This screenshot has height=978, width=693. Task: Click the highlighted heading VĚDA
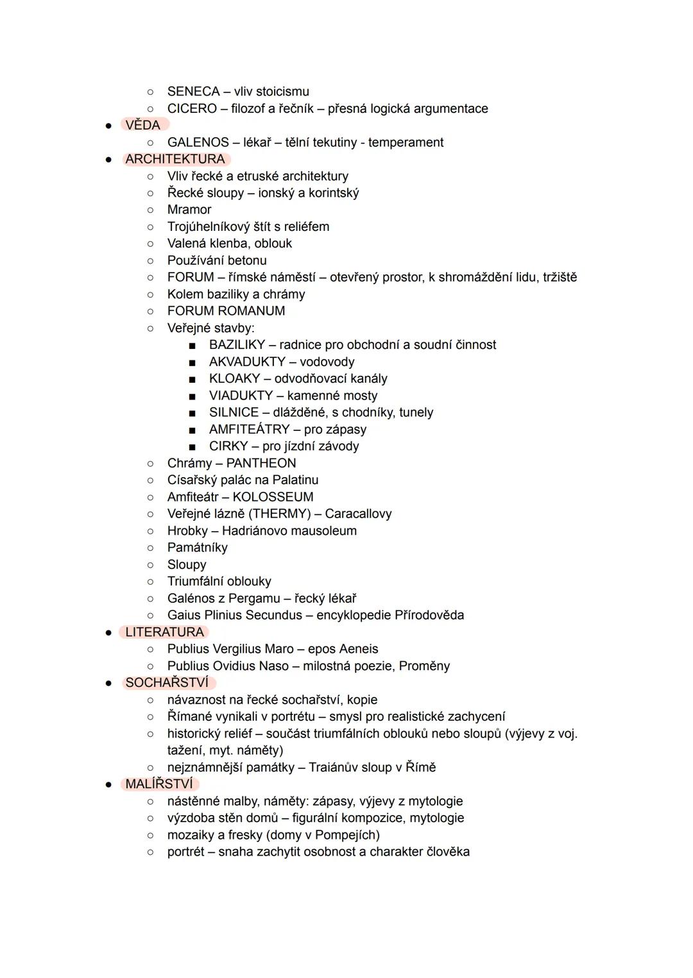(x=142, y=125)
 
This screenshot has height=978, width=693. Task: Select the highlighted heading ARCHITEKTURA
(x=175, y=159)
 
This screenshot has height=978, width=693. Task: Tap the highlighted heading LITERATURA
(x=164, y=632)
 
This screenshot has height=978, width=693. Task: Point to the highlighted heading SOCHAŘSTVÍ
(x=167, y=682)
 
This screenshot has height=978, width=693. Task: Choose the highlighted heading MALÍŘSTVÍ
(x=158, y=784)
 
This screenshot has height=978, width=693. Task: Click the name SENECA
(x=193, y=91)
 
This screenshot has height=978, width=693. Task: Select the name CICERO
(x=192, y=108)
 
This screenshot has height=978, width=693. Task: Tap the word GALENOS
(x=198, y=142)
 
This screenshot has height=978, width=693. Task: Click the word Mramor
(x=189, y=210)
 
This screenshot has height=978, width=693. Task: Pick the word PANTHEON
(x=261, y=463)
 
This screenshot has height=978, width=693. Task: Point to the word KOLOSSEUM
(x=273, y=497)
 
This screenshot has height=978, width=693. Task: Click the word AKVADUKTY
(x=247, y=362)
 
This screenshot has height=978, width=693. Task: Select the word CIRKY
(x=228, y=446)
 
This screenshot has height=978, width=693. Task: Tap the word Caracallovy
(x=358, y=514)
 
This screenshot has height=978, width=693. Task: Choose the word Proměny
(x=424, y=666)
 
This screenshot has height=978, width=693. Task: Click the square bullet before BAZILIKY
(x=192, y=346)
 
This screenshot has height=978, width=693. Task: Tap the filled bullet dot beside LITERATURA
(x=108, y=632)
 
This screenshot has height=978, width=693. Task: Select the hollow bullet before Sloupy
(x=150, y=565)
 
